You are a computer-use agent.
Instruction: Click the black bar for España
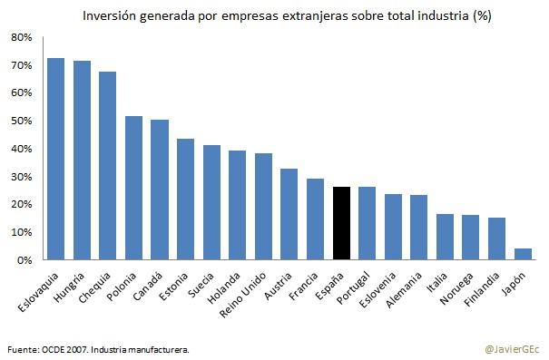(341, 223)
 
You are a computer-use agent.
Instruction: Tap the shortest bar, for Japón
(523, 254)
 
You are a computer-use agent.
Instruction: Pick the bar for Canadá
(160, 190)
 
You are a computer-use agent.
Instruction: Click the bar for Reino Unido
(263, 206)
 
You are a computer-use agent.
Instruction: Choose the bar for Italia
(445, 237)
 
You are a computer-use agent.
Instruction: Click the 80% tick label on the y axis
(21, 37)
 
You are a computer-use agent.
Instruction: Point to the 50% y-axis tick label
(21, 121)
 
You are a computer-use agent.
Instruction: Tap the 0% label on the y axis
(24, 260)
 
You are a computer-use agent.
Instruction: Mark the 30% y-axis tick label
(21, 177)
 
